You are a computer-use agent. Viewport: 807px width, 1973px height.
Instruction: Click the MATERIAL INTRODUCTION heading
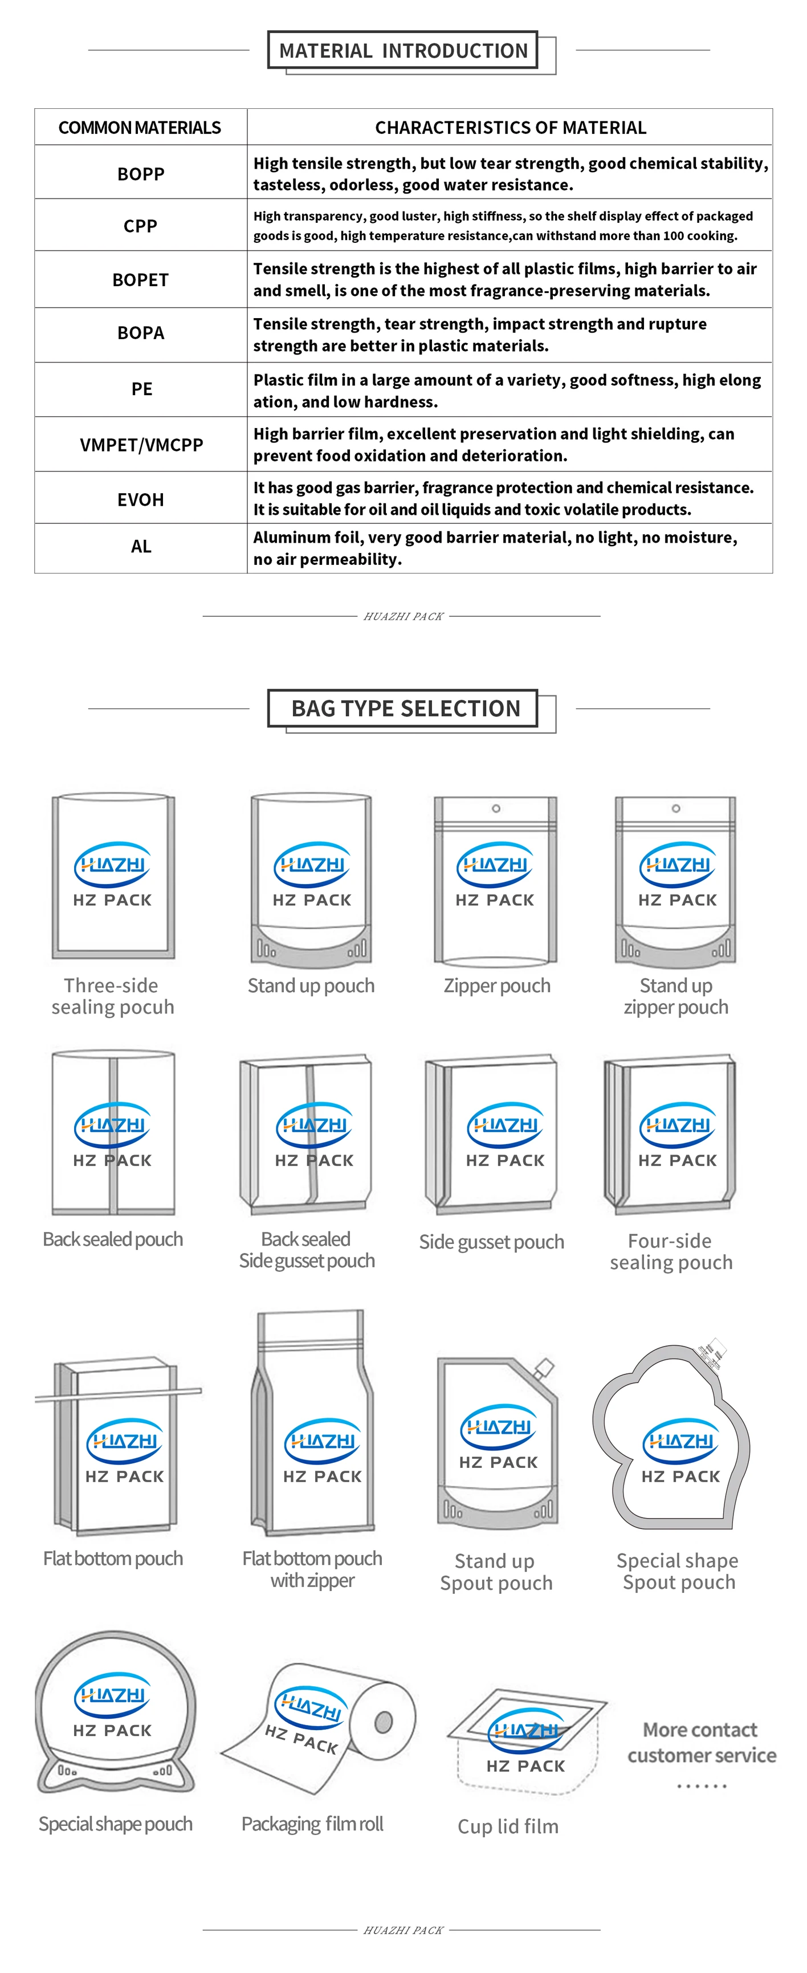[x=403, y=51]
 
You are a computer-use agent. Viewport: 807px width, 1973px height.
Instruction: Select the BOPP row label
[x=141, y=174]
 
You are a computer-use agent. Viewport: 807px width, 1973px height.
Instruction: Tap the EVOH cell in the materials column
[x=141, y=499]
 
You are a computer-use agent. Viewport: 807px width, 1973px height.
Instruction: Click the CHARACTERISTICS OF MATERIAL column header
[x=510, y=127]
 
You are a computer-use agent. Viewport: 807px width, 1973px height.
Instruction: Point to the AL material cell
[x=141, y=547]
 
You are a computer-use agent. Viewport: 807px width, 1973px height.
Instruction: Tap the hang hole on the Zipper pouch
[x=496, y=808]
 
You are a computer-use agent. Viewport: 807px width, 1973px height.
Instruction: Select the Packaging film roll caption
[x=312, y=1824]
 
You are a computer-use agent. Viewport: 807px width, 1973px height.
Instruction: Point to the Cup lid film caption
[x=508, y=1826]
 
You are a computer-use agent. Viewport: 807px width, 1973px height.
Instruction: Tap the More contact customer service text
[x=702, y=1743]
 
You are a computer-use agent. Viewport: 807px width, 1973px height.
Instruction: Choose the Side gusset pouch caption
[x=491, y=1242]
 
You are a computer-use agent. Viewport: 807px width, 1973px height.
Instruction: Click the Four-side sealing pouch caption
[x=671, y=1251]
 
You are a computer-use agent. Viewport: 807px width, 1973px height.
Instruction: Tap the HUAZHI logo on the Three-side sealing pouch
[x=112, y=864]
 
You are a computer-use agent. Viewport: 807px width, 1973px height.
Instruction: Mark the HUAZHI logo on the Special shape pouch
[x=112, y=1695]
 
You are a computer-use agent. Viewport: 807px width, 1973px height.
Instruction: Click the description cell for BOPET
[x=506, y=279]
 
